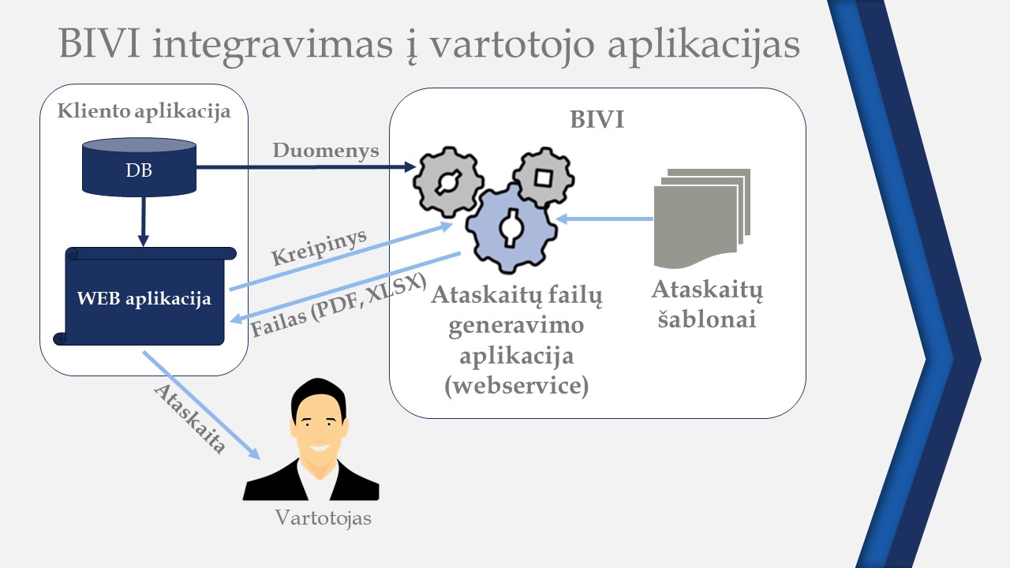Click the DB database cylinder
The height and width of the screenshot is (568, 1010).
pyautogui.click(x=139, y=168)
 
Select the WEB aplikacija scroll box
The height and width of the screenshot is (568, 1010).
pyautogui.click(x=144, y=298)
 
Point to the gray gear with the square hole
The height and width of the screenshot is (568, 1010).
pyautogui.click(x=543, y=177)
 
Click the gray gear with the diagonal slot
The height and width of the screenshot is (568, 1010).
pyautogui.click(x=447, y=181)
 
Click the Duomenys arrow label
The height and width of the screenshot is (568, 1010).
pyautogui.click(x=326, y=150)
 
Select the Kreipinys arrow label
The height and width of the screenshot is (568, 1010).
pyautogui.click(x=320, y=247)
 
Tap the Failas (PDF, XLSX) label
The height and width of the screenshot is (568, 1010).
pyautogui.click(x=339, y=306)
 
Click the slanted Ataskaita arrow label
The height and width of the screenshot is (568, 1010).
pyautogui.click(x=189, y=418)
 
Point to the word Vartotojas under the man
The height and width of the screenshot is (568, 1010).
pyautogui.click(x=322, y=518)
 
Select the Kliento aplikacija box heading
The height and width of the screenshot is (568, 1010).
pyautogui.click(x=144, y=111)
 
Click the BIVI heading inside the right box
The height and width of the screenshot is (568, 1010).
pyautogui.click(x=597, y=120)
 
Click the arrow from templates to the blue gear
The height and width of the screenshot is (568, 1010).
pyautogui.click(x=604, y=219)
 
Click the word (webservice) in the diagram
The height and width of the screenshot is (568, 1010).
pyautogui.click(x=517, y=387)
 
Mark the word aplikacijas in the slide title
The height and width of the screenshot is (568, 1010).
pyautogui.click(x=705, y=45)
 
